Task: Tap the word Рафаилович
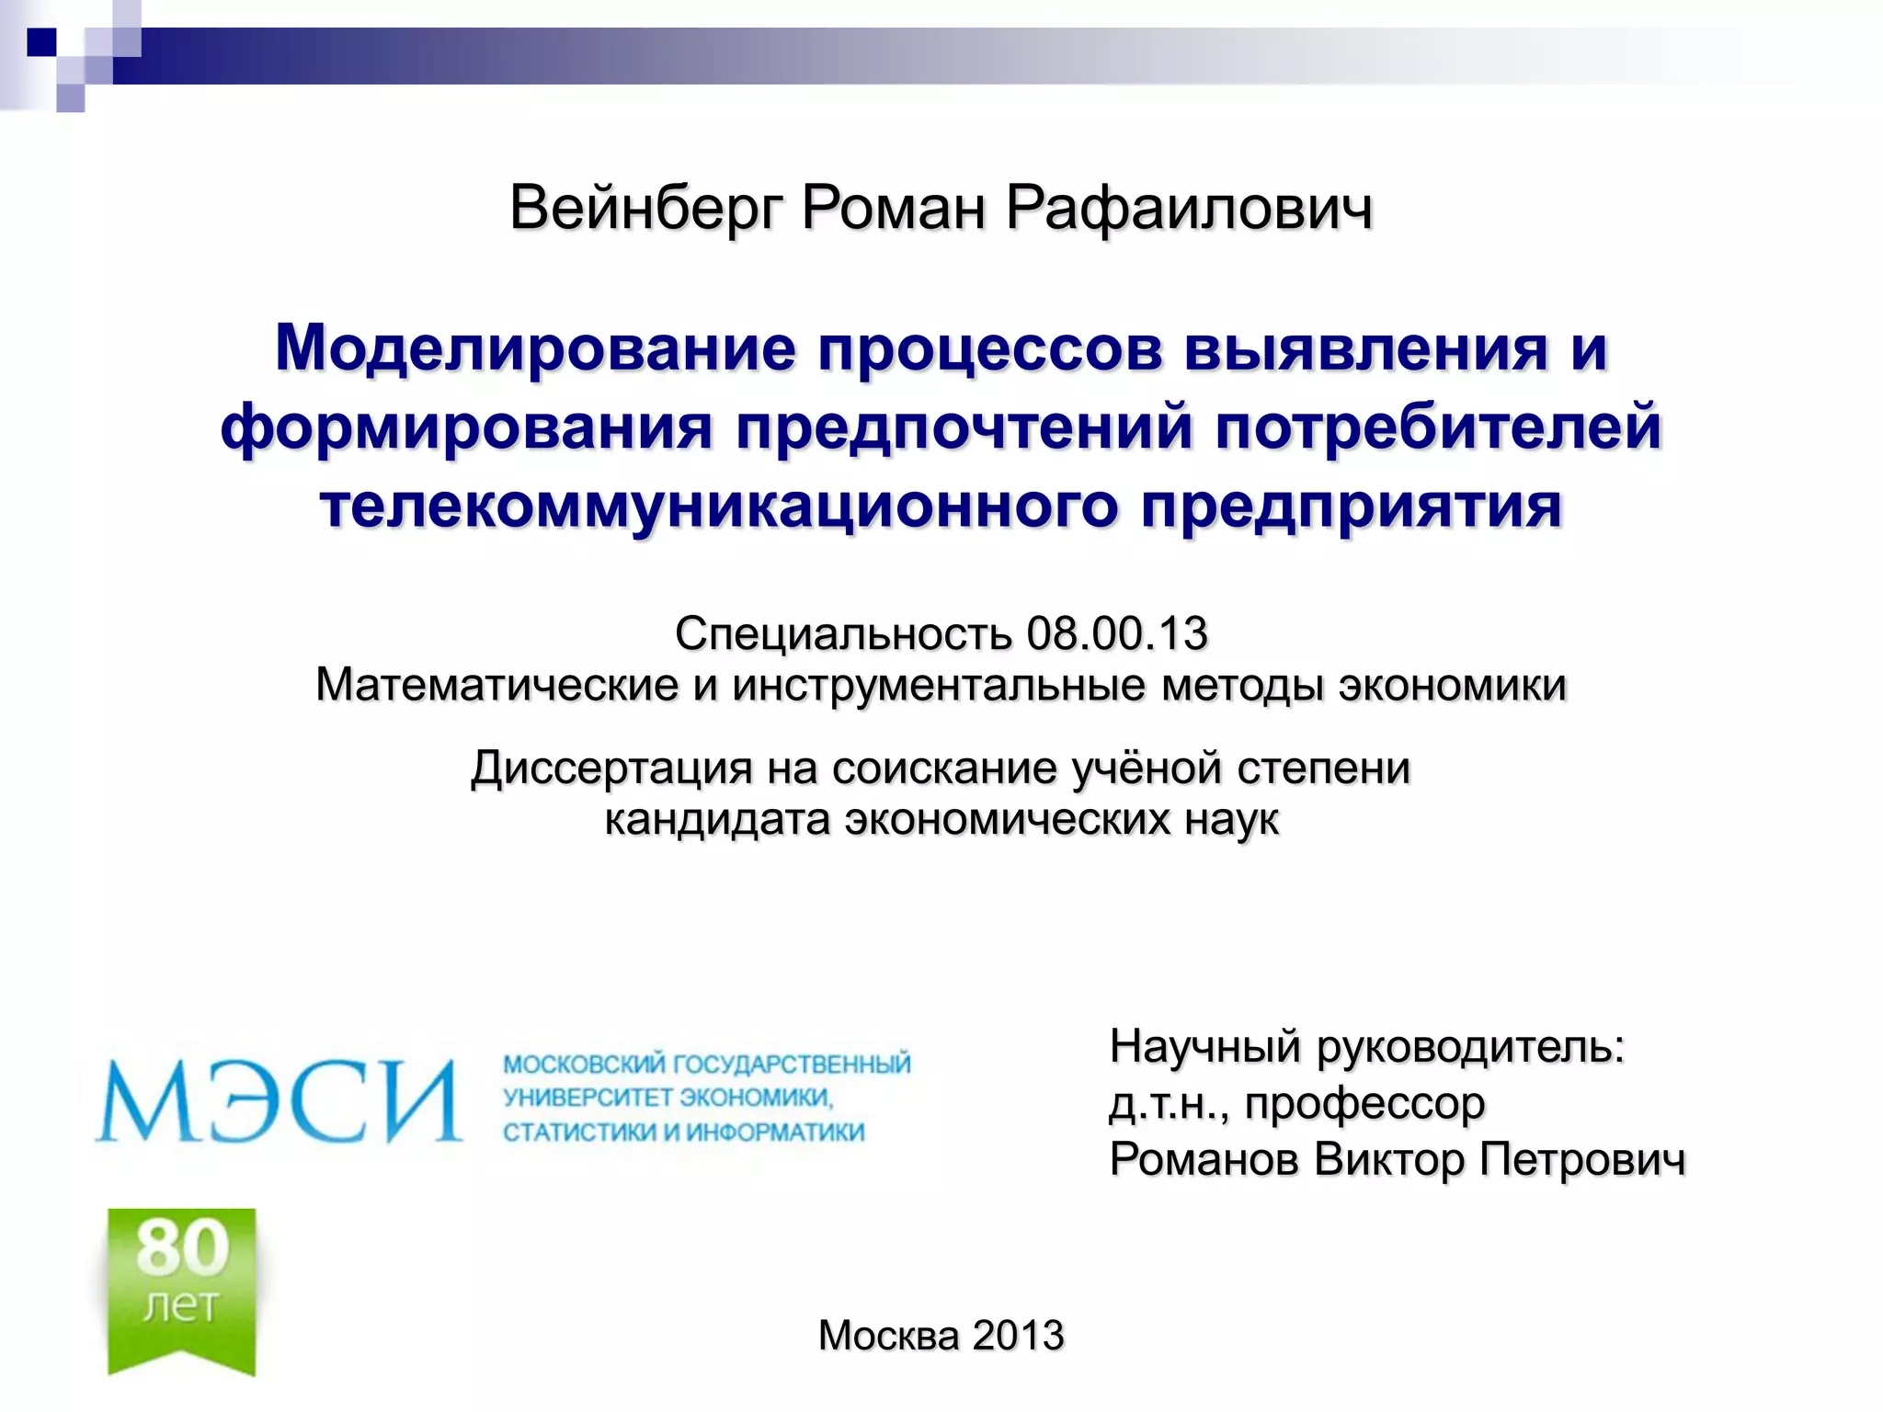[x=1189, y=209]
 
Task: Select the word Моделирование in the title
[x=535, y=349]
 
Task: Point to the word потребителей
[x=1438, y=428]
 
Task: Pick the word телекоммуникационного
[x=718, y=507]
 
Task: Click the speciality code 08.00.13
[x=1116, y=633]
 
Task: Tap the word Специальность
[x=843, y=633]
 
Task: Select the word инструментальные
[x=939, y=686]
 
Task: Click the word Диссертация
[x=611, y=768]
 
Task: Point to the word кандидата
[x=716, y=819]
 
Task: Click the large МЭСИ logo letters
[x=279, y=1100]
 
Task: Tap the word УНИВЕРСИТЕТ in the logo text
[x=588, y=1098]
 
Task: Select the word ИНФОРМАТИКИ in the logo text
[x=775, y=1132]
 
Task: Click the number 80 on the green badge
[x=183, y=1247]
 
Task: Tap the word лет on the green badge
[x=181, y=1305]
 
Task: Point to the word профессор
[x=1364, y=1103]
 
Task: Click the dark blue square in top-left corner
[x=42, y=42]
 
